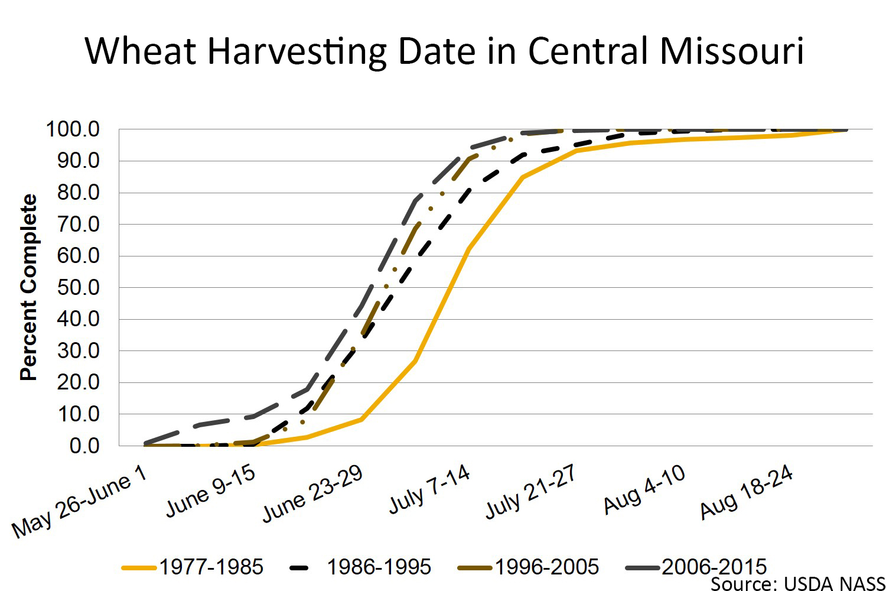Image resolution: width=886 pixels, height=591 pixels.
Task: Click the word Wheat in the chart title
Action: point(140,51)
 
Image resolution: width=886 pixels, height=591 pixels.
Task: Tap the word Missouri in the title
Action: point(732,51)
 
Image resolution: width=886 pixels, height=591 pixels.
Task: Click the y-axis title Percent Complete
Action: point(28,287)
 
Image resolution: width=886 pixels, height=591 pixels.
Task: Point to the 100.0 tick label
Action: point(73,129)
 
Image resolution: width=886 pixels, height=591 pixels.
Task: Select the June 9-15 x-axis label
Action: point(210,491)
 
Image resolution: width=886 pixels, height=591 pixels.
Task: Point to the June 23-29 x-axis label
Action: point(312,493)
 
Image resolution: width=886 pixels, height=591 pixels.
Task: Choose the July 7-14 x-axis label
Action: point(429,489)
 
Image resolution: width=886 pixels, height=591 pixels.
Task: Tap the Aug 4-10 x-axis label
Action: point(644,489)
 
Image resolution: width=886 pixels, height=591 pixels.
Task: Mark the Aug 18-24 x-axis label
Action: point(747,492)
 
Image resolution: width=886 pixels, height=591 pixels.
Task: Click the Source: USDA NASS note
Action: point(797,584)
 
